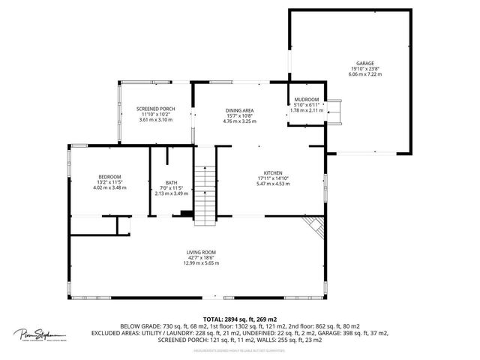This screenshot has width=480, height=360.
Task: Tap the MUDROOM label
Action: pyautogui.click(x=307, y=100)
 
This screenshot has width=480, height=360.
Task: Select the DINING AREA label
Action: pyautogui.click(x=240, y=110)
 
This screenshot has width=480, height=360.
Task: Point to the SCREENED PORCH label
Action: pyautogui.click(x=156, y=109)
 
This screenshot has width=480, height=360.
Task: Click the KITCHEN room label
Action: pyautogui.click(x=272, y=172)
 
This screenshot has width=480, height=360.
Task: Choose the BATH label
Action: pyautogui.click(x=171, y=182)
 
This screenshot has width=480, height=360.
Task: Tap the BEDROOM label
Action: pyautogui.click(x=109, y=177)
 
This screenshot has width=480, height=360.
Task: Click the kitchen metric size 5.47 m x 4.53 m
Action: pyautogui.click(x=272, y=184)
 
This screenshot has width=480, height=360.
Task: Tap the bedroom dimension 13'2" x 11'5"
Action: pyautogui.click(x=109, y=182)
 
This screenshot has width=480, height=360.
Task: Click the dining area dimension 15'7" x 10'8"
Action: pyautogui.click(x=240, y=115)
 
